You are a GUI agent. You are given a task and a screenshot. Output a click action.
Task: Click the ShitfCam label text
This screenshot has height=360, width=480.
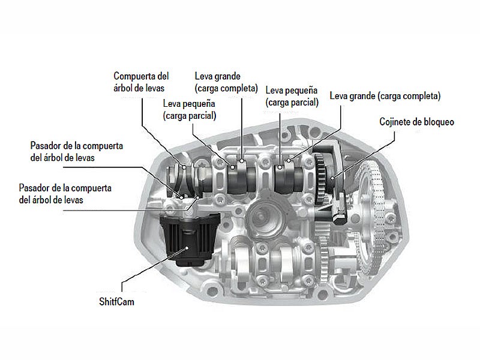click(116, 302)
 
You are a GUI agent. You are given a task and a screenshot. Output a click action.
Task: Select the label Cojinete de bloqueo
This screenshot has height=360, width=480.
click(416, 122)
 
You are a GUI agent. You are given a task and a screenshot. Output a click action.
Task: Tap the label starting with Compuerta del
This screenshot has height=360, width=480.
click(141, 82)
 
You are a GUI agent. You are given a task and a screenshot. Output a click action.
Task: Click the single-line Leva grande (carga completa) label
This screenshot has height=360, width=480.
click(385, 96)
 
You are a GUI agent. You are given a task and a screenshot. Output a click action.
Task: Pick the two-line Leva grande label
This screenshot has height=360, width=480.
click(226, 82)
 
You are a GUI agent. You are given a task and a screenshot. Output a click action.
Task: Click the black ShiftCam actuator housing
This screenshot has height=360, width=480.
click(190, 239)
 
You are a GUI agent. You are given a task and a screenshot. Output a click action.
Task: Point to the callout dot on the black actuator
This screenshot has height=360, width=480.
click(187, 248)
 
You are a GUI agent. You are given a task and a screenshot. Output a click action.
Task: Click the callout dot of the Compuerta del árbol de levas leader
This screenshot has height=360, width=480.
click(184, 167)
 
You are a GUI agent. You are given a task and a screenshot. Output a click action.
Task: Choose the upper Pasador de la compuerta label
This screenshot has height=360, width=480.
click(77, 152)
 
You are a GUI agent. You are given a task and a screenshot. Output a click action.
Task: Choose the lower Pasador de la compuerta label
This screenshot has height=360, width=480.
click(65, 194)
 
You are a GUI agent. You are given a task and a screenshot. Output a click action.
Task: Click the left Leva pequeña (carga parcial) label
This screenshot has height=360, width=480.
click(190, 110)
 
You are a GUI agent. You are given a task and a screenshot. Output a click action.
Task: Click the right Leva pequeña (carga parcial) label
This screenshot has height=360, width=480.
click(292, 96)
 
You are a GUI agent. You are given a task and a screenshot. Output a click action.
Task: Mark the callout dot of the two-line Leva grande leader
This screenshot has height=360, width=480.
click(242, 161)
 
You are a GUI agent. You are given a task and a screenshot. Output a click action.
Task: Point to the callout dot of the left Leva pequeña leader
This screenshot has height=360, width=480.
click(233, 167)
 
